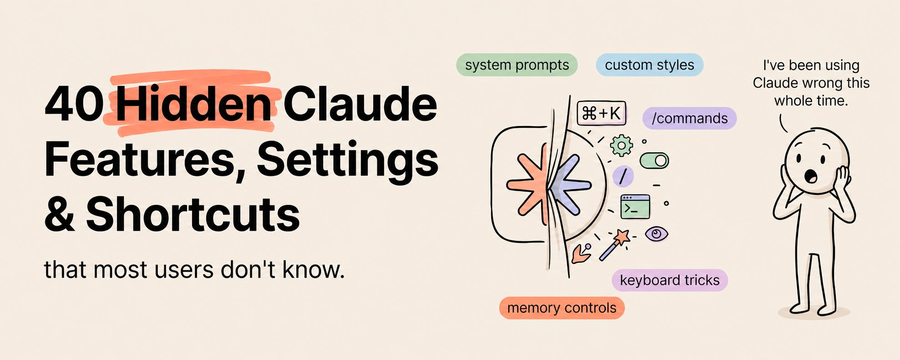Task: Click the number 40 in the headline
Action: [x=75, y=104]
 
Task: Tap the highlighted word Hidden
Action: [x=194, y=104]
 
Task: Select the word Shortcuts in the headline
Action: [x=193, y=214]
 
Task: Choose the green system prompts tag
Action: [x=517, y=65]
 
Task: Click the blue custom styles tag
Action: [x=650, y=65]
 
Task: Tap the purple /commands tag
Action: [x=689, y=118]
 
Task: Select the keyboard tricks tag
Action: [x=670, y=280]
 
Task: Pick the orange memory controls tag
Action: [x=562, y=308]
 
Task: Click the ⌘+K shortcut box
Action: [x=601, y=113]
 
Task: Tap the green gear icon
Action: [x=621, y=145]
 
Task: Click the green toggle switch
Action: [x=654, y=160]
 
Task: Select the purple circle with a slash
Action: [x=623, y=176]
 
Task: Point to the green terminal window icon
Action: [x=635, y=207]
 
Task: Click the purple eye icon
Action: [x=656, y=234]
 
